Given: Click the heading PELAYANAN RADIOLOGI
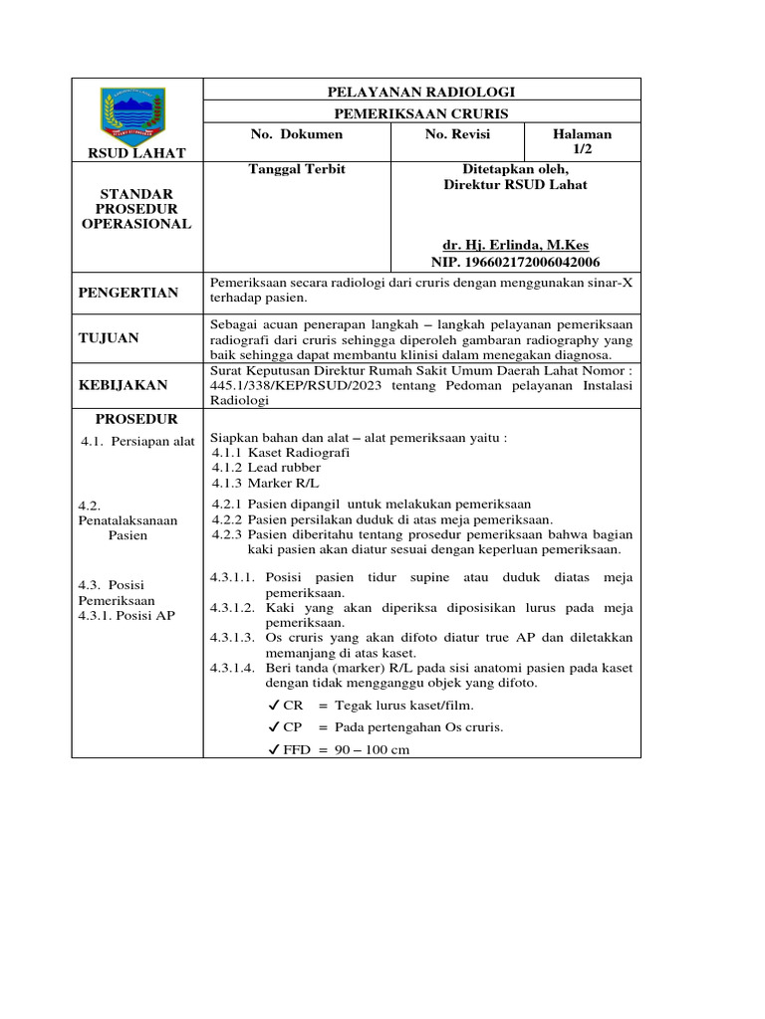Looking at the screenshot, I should pyautogui.click(x=422, y=92).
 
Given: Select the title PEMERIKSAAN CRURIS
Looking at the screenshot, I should pyautogui.click(x=422, y=112).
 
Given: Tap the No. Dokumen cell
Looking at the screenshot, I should pyautogui.click(x=296, y=134).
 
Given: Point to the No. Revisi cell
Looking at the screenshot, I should pyautogui.click(x=458, y=134).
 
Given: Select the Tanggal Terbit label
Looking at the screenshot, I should pyautogui.click(x=296, y=169).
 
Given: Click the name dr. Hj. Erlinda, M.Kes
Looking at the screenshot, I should pyautogui.click(x=515, y=245).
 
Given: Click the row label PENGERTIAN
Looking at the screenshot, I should pyautogui.click(x=129, y=293).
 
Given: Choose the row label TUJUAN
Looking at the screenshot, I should pyautogui.click(x=111, y=338).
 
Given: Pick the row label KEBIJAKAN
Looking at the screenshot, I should pyautogui.click(x=125, y=384).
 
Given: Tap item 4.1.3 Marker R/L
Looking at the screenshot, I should pyautogui.click(x=253, y=484).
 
